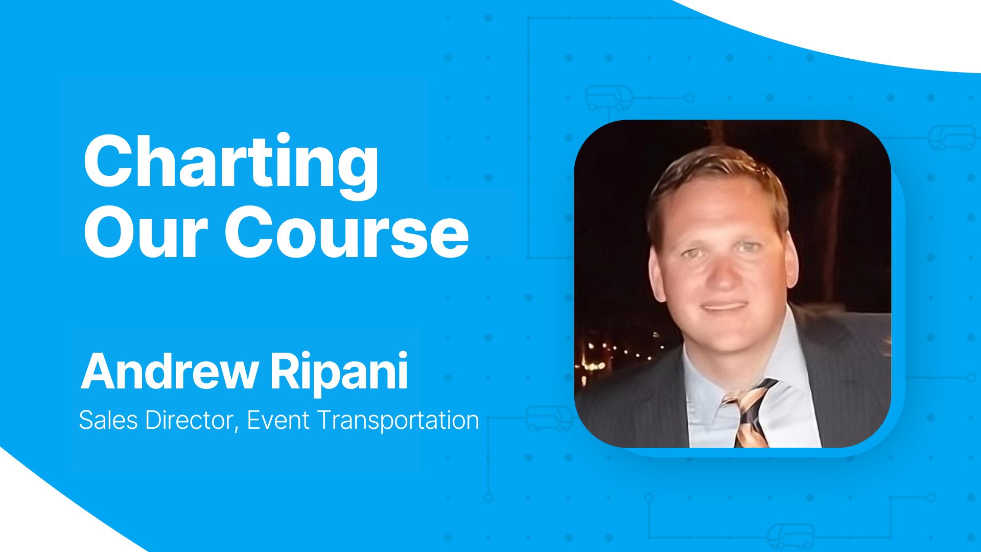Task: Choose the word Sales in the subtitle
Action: tap(108, 420)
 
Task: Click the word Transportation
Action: tap(398, 420)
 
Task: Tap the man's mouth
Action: tap(724, 308)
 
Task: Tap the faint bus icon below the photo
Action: tap(790, 536)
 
